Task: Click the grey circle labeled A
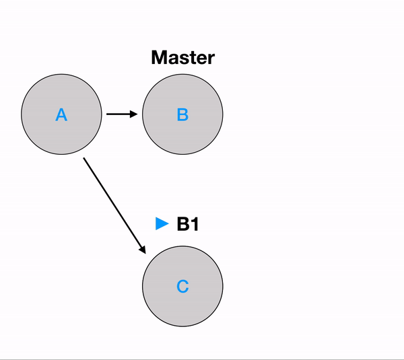61,114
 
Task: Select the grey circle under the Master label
182,114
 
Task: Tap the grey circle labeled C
182,287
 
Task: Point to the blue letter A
61,115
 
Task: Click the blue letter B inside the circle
182,115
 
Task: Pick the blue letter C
182,287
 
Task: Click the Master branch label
182,57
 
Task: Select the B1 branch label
188,224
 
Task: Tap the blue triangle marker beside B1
162,224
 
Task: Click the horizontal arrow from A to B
121,114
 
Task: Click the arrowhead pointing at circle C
143,250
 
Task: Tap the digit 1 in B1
195,224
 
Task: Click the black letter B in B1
182,224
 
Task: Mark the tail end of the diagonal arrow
84,159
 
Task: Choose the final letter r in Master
211,59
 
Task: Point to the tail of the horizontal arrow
108,114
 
